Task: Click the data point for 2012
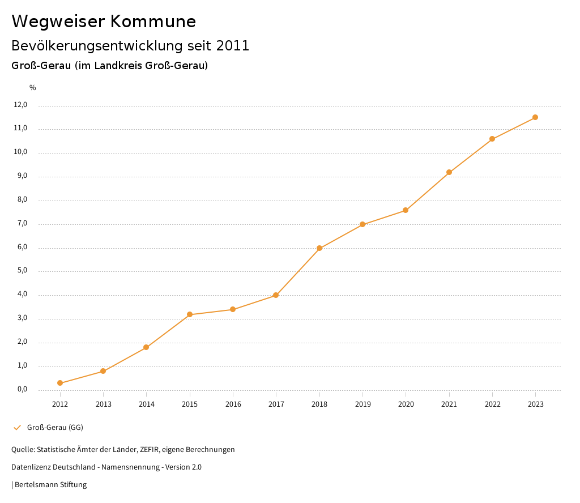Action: pos(60,383)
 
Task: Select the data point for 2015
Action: pos(190,314)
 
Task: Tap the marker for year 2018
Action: pos(319,248)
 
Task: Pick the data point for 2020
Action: pos(406,210)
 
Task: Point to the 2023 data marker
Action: pos(535,117)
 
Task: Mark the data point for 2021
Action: pos(449,172)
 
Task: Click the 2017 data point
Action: pos(276,295)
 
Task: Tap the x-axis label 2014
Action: pos(147,404)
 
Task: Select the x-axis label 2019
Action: pos(362,404)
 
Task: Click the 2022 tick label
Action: pos(492,404)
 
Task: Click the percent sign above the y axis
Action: pos(33,88)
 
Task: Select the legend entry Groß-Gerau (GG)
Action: pos(55,427)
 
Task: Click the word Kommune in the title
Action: pos(153,22)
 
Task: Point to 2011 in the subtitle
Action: pos(233,46)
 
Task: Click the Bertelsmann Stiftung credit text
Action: pos(50,485)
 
